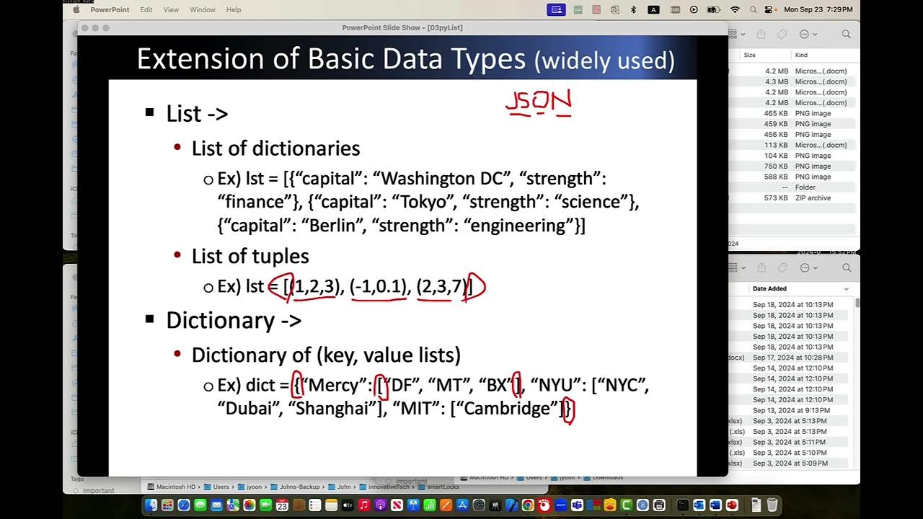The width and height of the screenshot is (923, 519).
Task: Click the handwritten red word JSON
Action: [539, 102]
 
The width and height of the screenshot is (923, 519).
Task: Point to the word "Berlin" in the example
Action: [333, 226]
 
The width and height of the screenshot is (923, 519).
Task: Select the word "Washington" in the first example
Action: [425, 179]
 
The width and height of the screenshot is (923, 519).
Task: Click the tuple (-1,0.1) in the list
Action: [379, 287]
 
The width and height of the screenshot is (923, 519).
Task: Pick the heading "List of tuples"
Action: [250, 257]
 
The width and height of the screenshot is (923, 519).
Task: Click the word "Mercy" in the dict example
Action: [333, 386]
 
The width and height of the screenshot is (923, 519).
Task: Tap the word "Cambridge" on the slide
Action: [512, 409]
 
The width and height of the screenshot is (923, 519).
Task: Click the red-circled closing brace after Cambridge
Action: [568, 409]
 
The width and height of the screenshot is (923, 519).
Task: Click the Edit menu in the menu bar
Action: [146, 10]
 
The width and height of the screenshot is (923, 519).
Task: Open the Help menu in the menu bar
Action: [234, 10]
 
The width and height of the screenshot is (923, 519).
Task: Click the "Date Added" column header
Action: [769, 288]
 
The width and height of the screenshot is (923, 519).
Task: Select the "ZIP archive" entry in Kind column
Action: [813, 198]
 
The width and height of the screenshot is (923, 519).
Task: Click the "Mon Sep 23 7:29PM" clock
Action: [818, 10]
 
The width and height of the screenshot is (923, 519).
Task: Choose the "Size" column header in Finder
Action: [749, 55]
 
